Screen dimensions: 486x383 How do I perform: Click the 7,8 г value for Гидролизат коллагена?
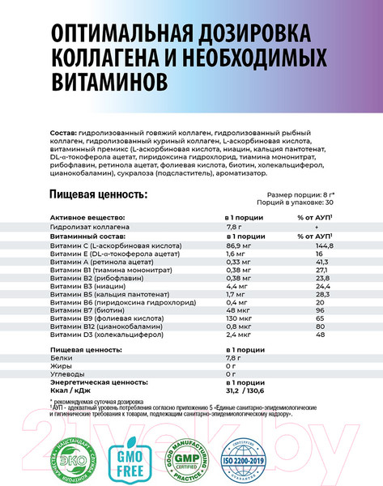point(233,228)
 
